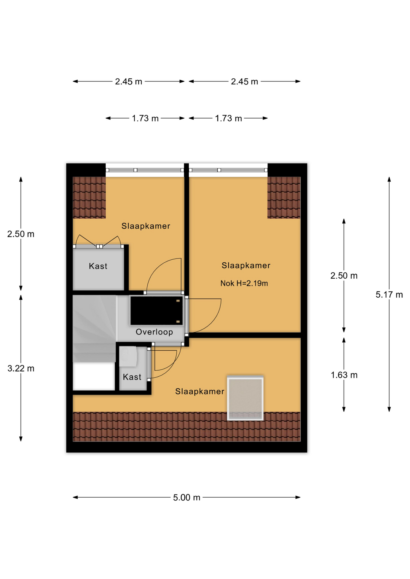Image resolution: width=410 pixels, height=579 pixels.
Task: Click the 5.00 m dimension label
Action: [x=187, y=497]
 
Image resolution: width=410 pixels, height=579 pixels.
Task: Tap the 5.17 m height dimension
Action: [x=389, y=295]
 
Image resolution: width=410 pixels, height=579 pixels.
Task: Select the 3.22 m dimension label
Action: [x=21, y=368]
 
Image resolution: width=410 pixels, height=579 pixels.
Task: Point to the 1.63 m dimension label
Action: [x=344, y=375]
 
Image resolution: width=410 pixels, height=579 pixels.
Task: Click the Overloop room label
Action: [x=154, y=332]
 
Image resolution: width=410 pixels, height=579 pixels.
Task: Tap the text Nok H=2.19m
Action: [x=244, y=283]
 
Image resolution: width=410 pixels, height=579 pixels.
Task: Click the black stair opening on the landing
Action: [x=156, y=311]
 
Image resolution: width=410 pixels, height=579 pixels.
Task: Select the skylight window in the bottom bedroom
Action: [x=245, y=398]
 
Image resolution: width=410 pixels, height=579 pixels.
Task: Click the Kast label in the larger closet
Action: [x=98, y=266]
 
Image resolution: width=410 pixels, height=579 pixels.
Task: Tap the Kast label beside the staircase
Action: [x=132, y=377]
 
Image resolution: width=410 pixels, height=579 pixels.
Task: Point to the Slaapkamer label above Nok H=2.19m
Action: [x=246, y=265]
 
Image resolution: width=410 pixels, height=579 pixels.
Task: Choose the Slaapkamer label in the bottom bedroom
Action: [x=200, y=391]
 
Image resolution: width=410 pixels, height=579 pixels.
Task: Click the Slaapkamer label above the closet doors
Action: [x=146, y=226]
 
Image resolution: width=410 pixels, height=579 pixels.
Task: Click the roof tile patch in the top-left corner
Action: [x=89, y=197]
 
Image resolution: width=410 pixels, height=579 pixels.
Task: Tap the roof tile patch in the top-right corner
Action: [x=284, y=197]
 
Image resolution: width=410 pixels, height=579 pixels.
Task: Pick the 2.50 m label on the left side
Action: [x=21, y=234]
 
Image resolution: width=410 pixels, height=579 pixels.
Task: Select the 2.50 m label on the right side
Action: [x=344, y=276]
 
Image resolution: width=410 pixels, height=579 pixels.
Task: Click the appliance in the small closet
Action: [x=128, y=356]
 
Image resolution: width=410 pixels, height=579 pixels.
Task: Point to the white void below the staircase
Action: [x=94, y=376]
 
